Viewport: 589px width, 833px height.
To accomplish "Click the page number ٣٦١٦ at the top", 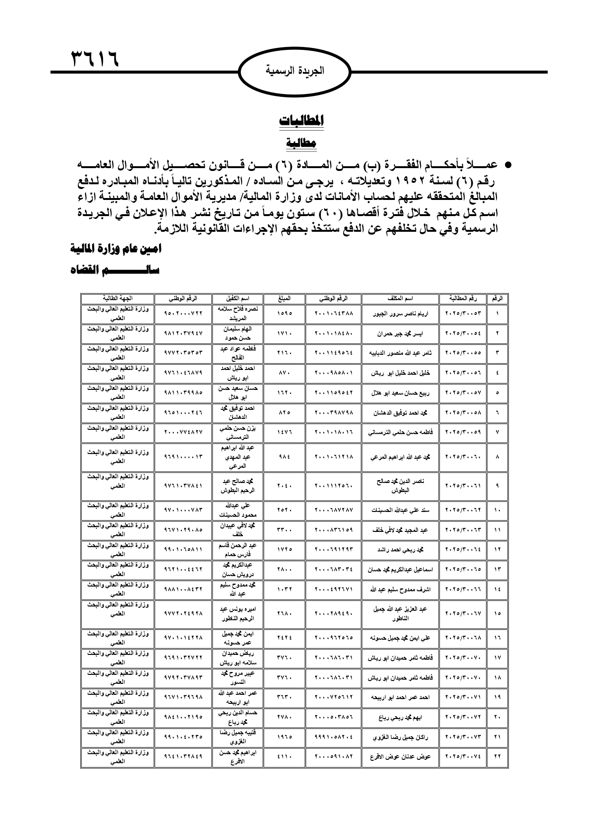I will click(x=94, y=59).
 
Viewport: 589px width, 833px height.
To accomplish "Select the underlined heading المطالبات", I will click(x=301, y=121).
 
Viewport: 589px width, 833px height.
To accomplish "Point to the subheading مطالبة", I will click(x=301, y=143).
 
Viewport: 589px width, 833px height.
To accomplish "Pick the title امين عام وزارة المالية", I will click(x=116, y=248).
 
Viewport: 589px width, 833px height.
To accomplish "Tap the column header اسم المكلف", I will click(x=400, y=299).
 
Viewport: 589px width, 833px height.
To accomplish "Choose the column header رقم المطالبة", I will click(x=463, y=299).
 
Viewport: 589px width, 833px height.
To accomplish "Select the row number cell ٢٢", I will click(x=497, y=757).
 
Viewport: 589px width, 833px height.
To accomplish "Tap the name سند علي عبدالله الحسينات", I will click(x=400, y=510).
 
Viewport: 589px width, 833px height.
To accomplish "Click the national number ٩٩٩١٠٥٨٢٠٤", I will click(x=334, y=737).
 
